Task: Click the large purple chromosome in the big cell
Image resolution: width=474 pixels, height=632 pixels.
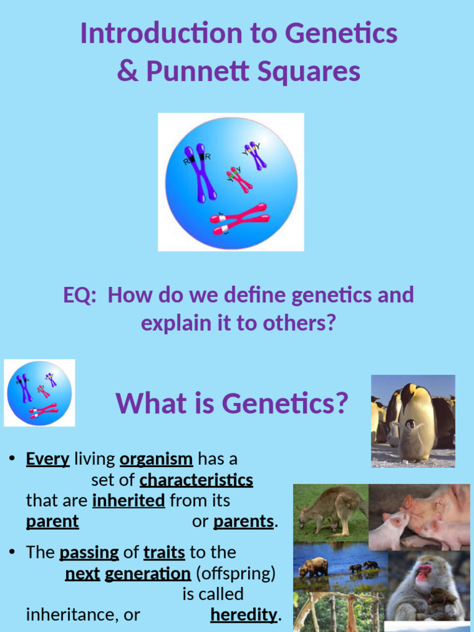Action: click(x=200, y=172)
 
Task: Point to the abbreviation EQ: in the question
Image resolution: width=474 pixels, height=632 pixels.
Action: click(x=80, y=295)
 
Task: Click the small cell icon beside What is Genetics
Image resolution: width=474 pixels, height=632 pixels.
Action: click(x=39, y=393)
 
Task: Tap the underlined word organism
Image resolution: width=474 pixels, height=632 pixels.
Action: click(x=156, y=459)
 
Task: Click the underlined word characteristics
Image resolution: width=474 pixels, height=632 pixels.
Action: click(x=196, y=480)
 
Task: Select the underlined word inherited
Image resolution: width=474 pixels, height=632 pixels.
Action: click(x=128, y=501)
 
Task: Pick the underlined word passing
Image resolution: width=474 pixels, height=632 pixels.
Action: click(x=89, y=552)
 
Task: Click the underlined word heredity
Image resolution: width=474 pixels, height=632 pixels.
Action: click(x=244, y=615)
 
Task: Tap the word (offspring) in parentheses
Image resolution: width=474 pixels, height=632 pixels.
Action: click(x=235, y=573)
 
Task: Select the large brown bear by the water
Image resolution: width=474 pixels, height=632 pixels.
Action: click(x=314, y=567)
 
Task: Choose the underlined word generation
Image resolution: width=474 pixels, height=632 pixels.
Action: click(x=148, y=573)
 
